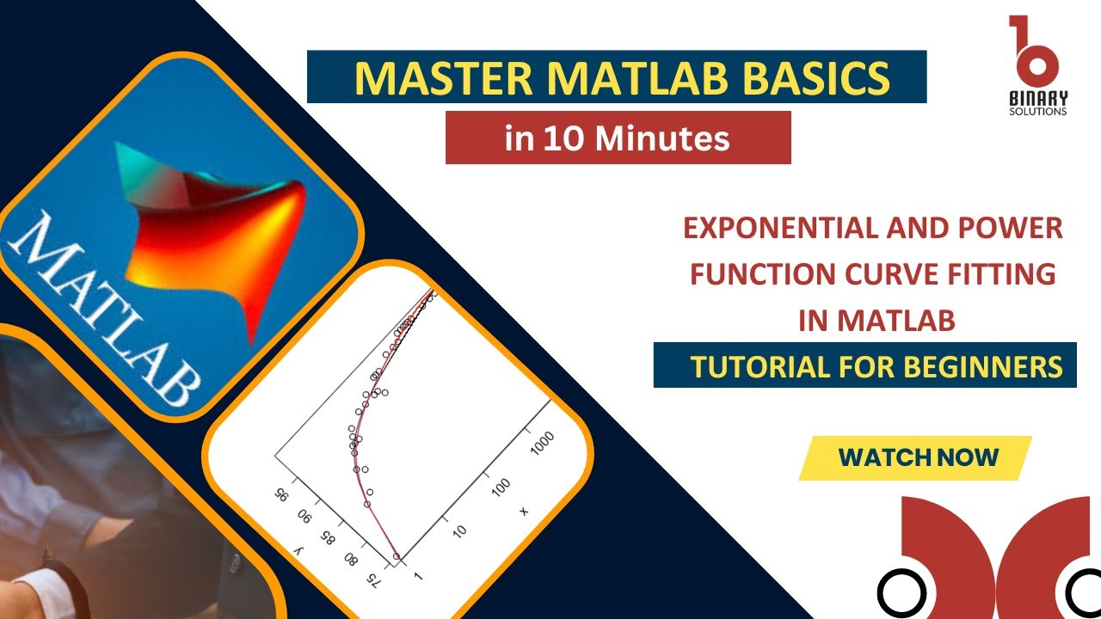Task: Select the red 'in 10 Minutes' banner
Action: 618,138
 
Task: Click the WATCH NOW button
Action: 918,457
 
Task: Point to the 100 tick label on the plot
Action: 500,487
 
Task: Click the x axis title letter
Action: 523,512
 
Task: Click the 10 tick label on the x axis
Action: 459,530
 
